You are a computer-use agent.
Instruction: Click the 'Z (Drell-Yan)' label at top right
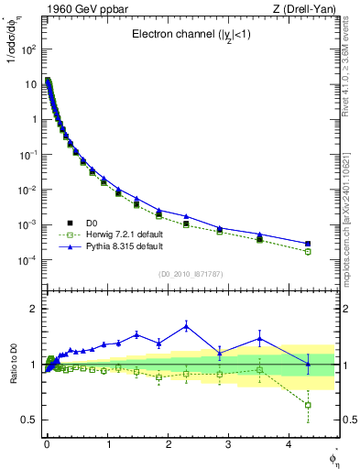pyautogui.click(x=307, y=9)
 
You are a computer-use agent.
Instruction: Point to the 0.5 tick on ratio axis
pyautogui.click(x=27, y=420)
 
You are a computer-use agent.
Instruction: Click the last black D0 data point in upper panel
pyautogui.click(x=308, y=244)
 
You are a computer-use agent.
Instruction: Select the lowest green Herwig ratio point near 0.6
pyautogui.click(x=308, y=405)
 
